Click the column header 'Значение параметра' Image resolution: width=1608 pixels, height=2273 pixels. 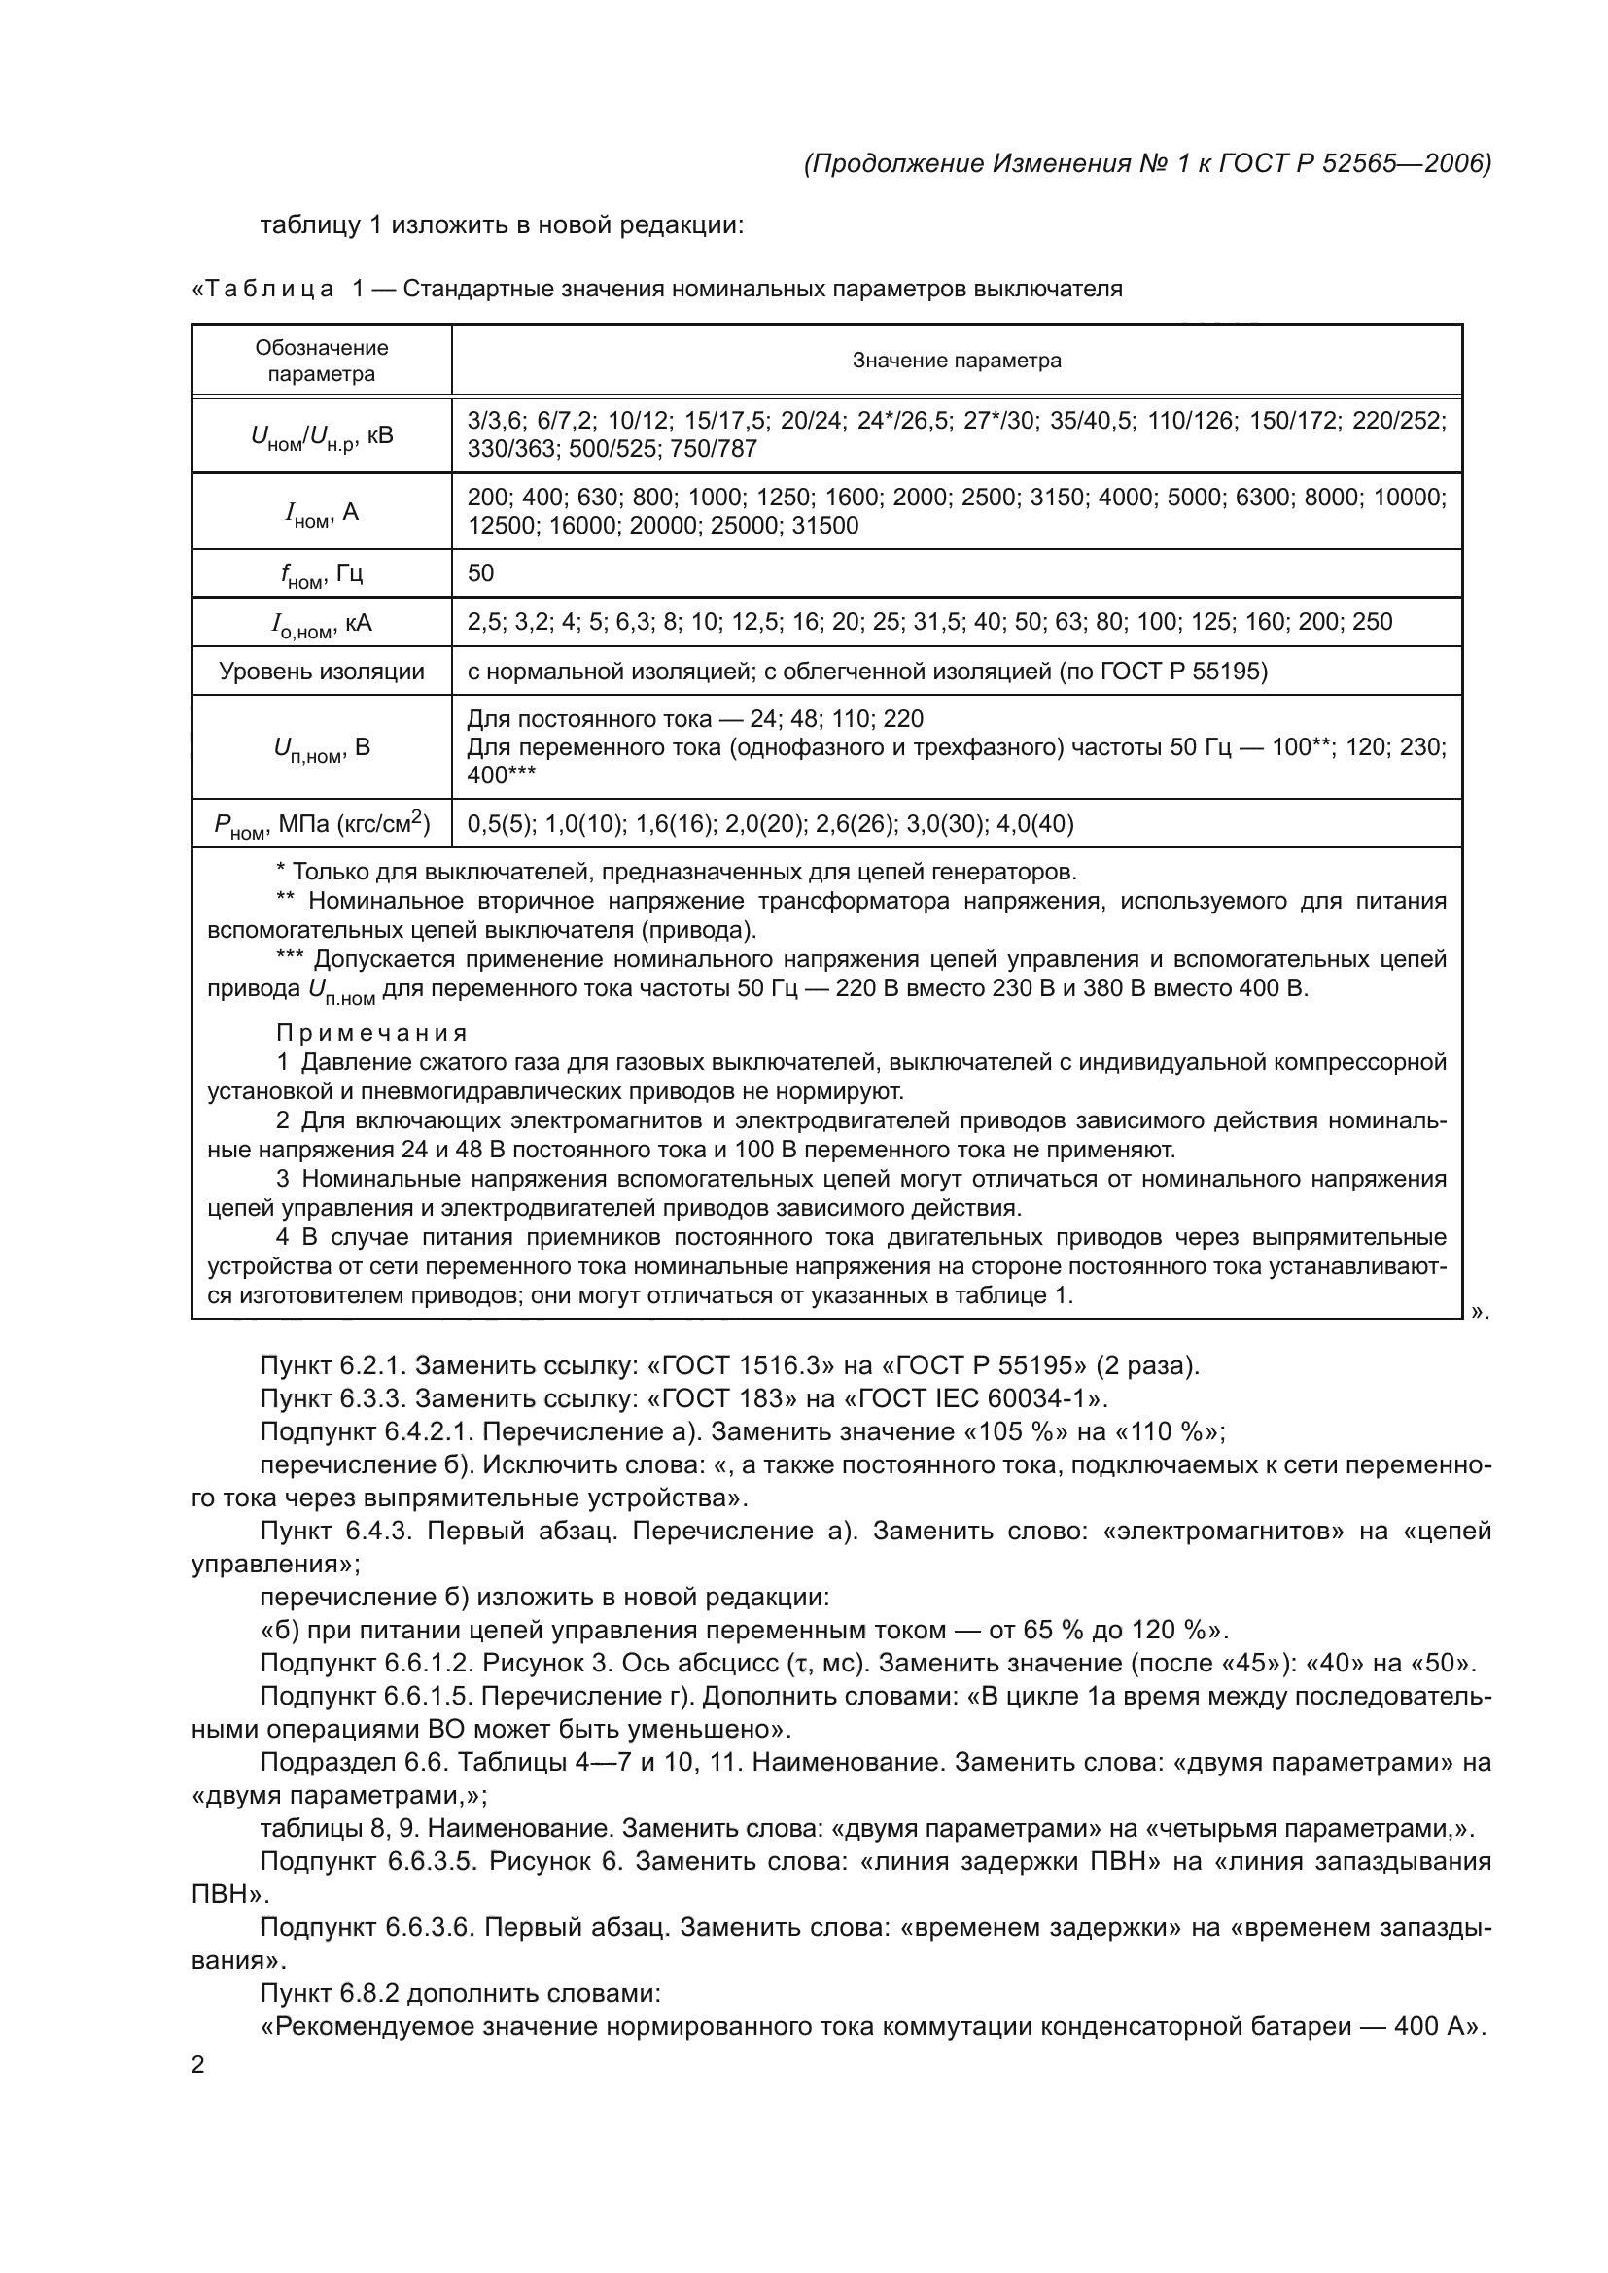click(957, 361)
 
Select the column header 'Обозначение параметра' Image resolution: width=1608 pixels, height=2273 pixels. click(322, 361)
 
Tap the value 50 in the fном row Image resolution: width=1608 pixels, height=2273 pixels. click(480, 573)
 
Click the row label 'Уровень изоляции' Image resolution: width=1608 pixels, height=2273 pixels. click(322, 672)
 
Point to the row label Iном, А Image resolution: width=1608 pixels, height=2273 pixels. click(322, 513)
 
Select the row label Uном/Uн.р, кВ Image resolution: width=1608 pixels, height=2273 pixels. click(322, 435)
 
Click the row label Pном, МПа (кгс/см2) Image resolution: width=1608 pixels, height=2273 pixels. click(322, 824)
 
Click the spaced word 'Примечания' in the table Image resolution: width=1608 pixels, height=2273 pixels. click(371, 1034)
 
